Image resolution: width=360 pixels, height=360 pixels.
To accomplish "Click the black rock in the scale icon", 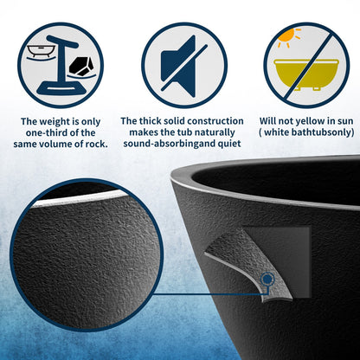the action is click(x=81, y=67).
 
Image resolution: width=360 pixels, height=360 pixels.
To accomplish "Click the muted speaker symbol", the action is click(x=181, y=66).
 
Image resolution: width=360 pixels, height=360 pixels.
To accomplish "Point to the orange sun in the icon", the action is click(x=287, y=35).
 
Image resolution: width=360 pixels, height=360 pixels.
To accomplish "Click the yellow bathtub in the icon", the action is click(x=306, y=74).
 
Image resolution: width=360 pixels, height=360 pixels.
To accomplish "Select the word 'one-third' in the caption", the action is click(x=45, y=132).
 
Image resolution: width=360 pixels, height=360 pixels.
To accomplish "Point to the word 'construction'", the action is click(x=215, y=121).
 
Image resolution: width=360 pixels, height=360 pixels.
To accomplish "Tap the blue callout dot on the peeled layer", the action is click(x=267, y=279).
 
